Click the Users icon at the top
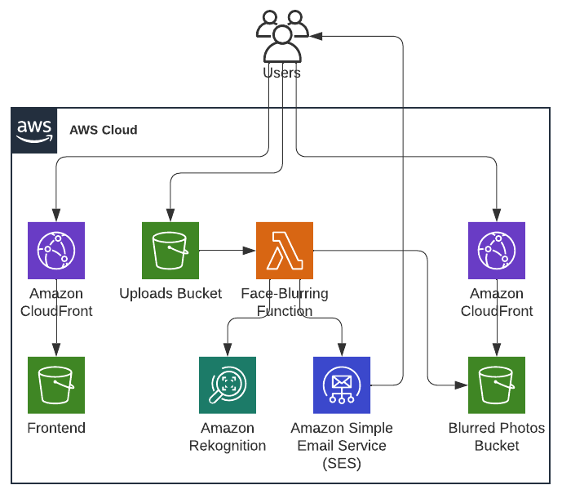pos(282,37)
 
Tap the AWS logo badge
pos(34,130)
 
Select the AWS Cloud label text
pos(104,130)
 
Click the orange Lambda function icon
pos(285,251)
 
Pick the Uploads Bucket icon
pos(170,251)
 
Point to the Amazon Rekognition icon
pos(228,385)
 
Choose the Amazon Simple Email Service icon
pos(342,385)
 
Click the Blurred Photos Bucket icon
pos(497,385)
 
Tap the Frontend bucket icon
pos(56,385)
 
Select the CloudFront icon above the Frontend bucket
pos(56,251)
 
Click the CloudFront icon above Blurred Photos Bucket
pos(497,251)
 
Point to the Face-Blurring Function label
pos(284,301)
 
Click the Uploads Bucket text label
pos(170,293)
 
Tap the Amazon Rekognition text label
pos(228,437)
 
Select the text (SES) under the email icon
pos(342,464)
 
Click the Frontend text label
pos(56,428)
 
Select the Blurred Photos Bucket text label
pos(497,437)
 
